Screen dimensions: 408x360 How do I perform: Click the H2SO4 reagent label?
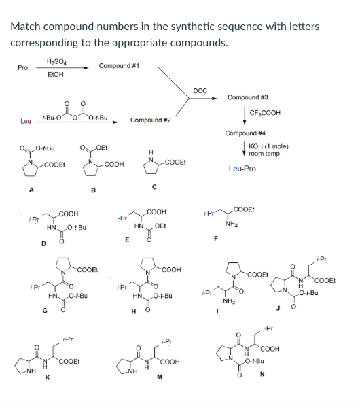[55, 61]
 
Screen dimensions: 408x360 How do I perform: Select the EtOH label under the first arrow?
[55, 75]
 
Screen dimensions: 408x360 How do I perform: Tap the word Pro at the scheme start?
[22, 69]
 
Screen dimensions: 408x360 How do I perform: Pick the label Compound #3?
[248, 97]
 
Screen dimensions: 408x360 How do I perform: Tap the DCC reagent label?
[200, 91]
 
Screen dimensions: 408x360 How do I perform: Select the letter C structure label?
[154, 187]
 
